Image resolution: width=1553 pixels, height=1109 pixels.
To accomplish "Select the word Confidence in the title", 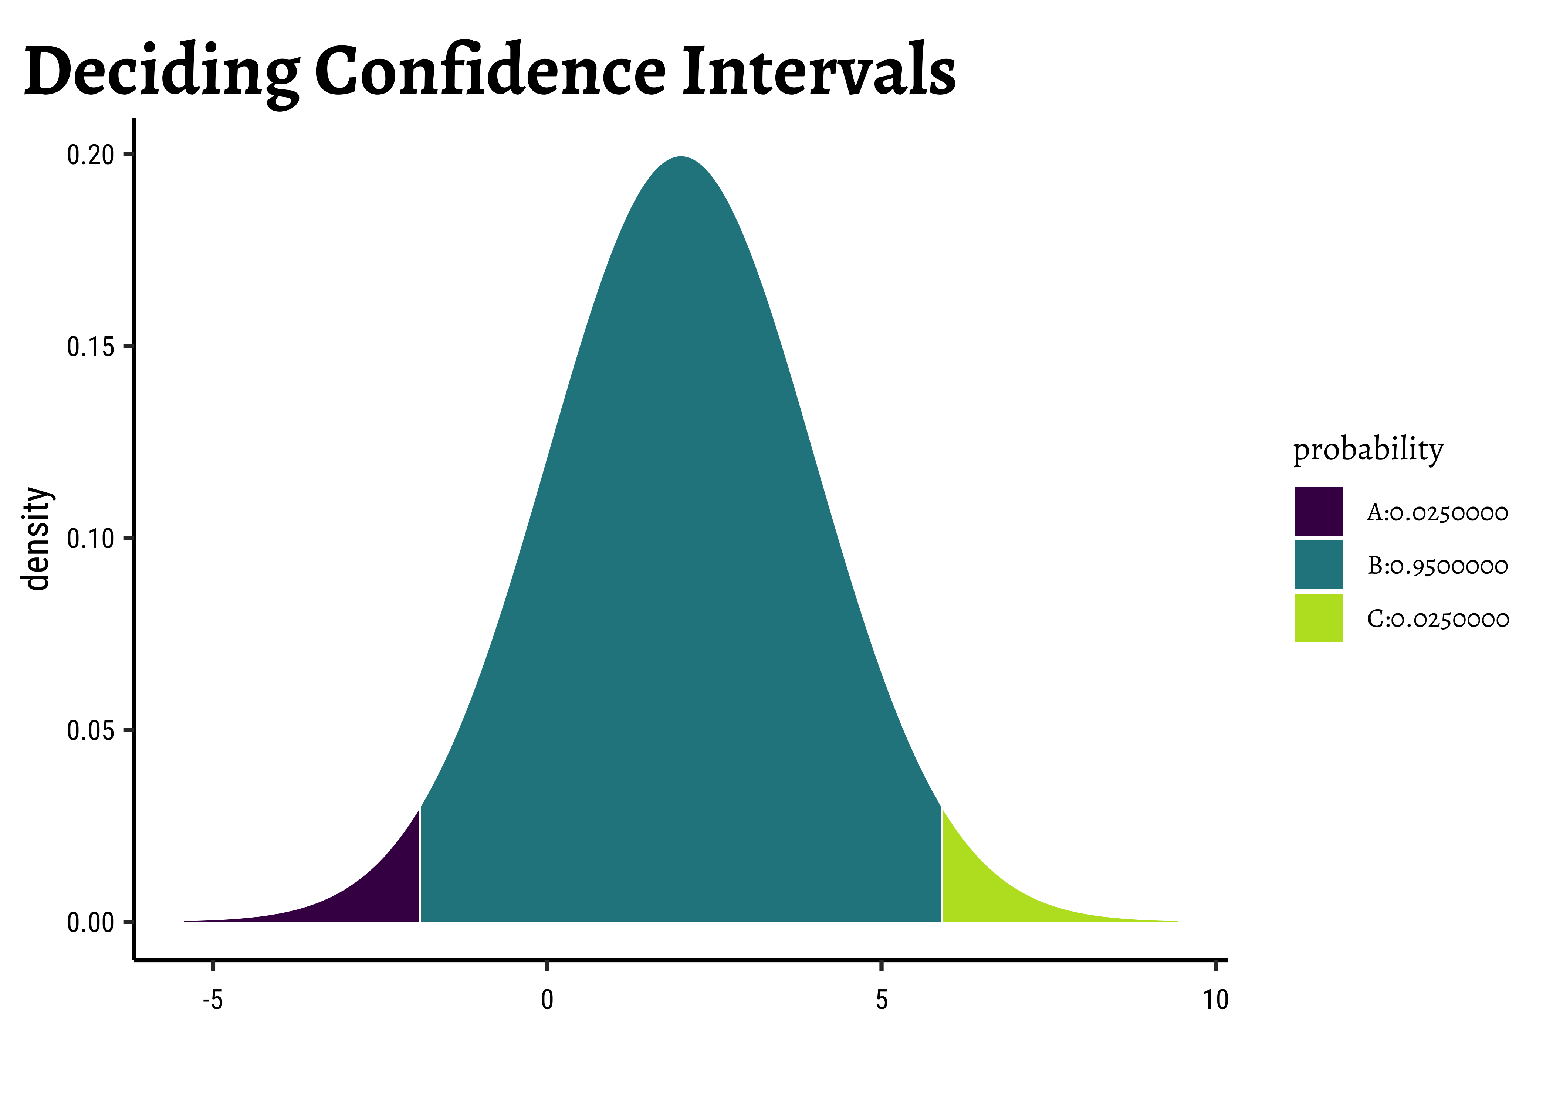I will [489, 70].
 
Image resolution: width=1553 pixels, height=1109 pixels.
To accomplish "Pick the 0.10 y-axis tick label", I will [90, 539].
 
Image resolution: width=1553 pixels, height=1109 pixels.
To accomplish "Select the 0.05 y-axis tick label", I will [90, 731].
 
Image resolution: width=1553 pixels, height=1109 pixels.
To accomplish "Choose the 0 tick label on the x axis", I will [547, 1000].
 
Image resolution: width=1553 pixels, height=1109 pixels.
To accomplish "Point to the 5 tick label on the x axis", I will [882, 1000].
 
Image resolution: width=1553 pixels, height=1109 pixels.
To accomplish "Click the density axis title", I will [37, 538].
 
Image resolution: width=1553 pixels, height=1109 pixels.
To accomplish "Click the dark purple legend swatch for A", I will [1318, 512].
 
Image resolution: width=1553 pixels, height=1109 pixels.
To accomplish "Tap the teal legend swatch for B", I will [1318, 565].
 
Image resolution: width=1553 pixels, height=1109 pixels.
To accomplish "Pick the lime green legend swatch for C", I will [1318, 618].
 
